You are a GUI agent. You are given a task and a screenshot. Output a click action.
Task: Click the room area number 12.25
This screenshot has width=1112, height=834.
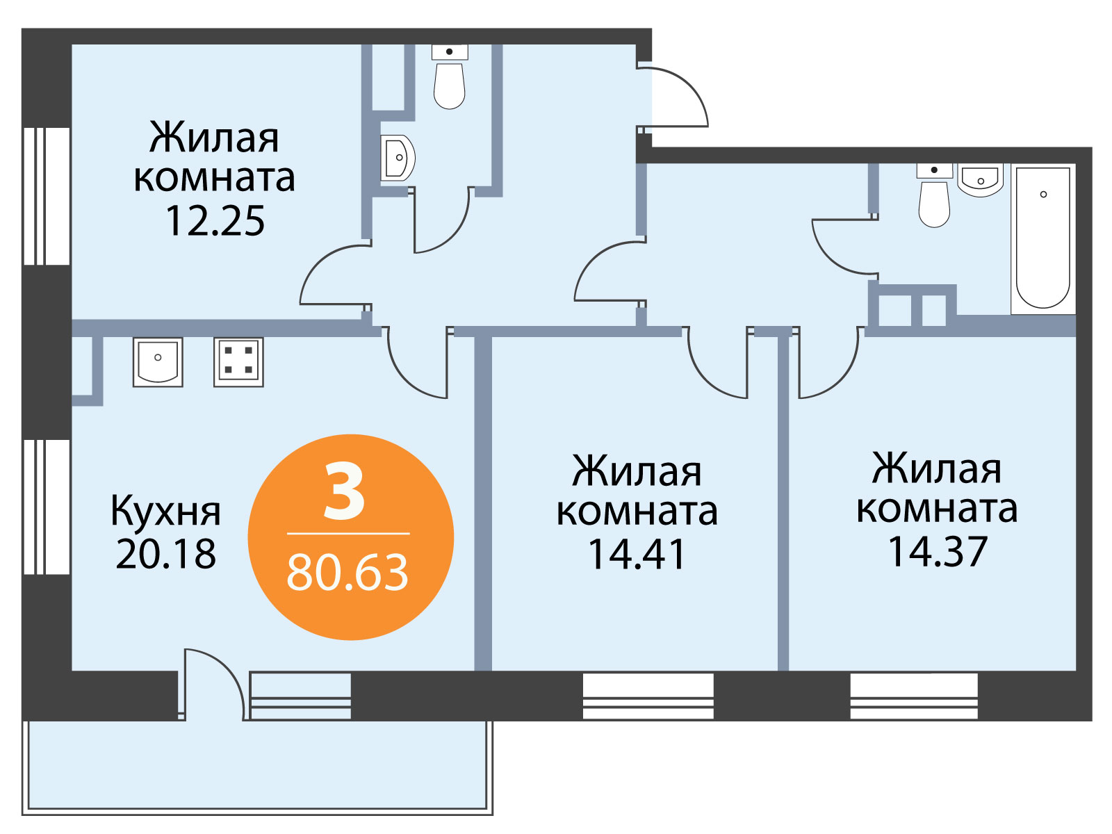215,221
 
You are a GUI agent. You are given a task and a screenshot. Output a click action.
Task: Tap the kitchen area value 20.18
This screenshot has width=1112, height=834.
165,553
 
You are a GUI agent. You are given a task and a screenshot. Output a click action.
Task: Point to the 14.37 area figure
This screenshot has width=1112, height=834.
938,551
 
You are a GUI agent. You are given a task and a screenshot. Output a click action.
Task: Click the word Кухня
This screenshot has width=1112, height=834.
165,512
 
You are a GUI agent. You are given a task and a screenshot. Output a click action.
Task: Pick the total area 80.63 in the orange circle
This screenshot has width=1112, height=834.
347,573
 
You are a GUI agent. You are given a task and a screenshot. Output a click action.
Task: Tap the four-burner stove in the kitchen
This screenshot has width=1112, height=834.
238,362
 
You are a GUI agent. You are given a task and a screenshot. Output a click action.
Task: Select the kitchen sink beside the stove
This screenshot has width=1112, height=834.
158,362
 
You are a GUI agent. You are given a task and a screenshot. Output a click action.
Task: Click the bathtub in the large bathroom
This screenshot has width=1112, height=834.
1043,239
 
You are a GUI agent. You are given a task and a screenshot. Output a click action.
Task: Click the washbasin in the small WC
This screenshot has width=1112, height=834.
398,158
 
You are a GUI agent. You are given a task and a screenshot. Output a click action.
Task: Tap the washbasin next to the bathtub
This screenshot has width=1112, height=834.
980,180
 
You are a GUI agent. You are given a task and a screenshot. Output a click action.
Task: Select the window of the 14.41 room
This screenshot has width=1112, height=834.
648,696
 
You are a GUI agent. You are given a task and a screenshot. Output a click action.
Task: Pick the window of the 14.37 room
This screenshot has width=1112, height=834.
914,696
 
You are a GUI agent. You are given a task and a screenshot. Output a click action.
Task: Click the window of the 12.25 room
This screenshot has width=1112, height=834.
47,196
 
